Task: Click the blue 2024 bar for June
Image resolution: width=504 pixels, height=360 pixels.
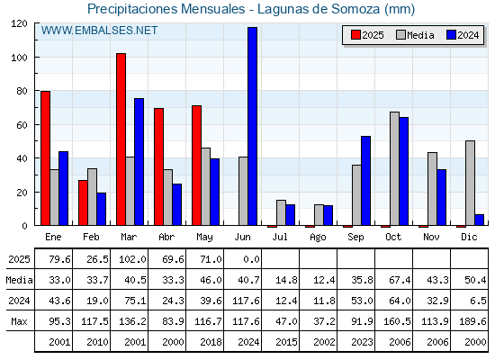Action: click(252, 126)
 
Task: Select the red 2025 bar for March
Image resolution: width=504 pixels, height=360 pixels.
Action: click(121, 139)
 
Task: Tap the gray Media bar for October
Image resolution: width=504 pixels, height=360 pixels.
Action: click(394, 168)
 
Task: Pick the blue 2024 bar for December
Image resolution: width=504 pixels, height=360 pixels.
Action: click(479, 220)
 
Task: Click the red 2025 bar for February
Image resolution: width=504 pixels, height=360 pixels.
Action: click(83, 202)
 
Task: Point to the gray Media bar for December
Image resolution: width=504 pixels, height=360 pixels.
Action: click(470, 183)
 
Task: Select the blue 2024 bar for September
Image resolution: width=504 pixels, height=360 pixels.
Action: click(365, 181)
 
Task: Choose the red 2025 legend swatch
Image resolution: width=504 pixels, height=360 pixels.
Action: click(355, 35)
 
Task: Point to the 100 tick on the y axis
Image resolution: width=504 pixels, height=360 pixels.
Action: click(36, 58)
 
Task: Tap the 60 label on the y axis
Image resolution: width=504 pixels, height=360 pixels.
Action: click(22, 125)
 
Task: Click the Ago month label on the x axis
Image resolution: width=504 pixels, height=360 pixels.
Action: click(318, 238)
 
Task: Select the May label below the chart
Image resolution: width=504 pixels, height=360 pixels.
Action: click(205, 238)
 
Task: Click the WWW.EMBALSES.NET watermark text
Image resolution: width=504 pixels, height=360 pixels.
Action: click(99, 31)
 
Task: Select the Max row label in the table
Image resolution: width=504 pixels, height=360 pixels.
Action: click(19, 321)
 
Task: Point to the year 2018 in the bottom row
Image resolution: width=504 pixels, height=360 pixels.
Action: click(211, 342)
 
